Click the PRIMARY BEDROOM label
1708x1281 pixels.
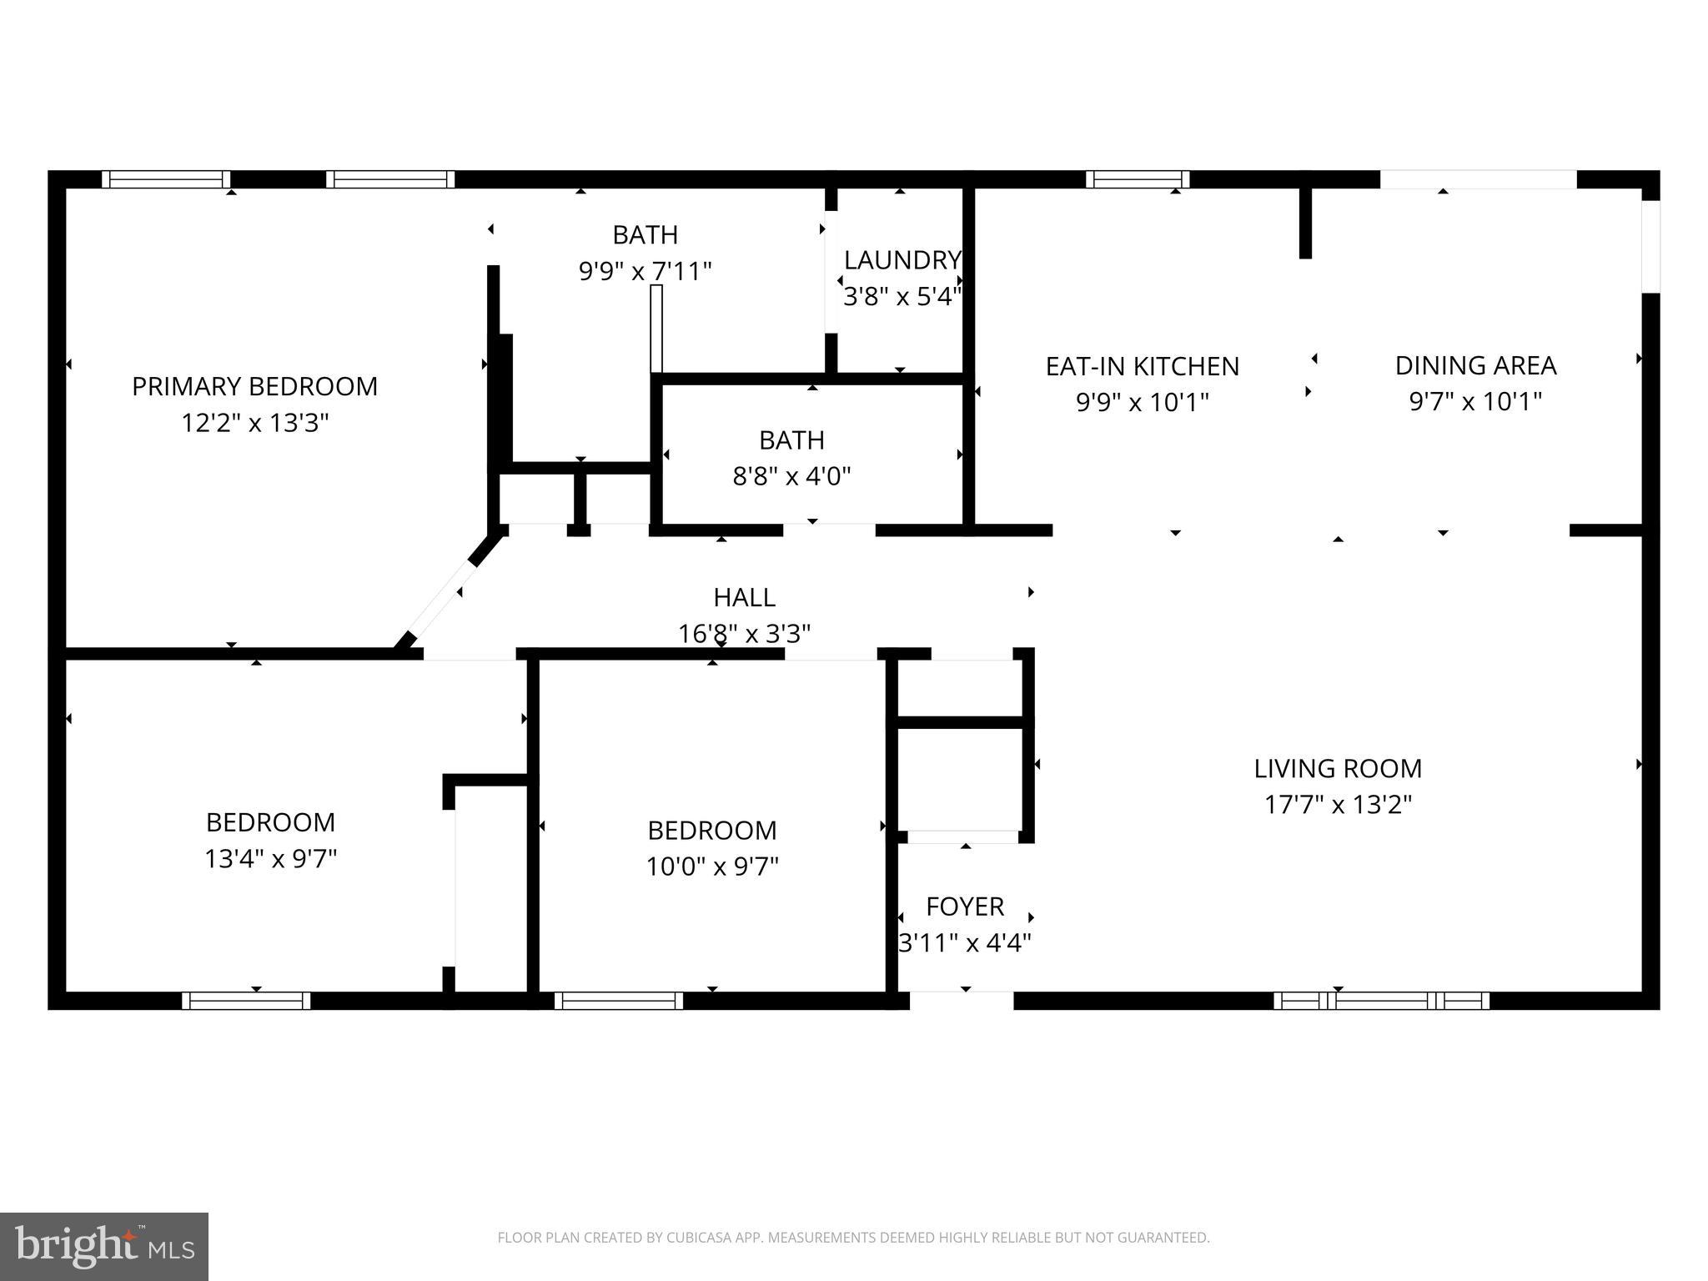point(254,386)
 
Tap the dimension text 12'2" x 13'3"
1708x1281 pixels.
point(254,423)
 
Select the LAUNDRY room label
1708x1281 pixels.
point(902,260)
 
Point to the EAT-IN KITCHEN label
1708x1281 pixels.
point(1142,366)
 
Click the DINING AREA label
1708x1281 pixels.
point(1474,365)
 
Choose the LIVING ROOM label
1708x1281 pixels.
point(1337,768)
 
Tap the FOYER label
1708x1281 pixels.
point(964,906)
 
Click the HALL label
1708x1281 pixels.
point(744,597)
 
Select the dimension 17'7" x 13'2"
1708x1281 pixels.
point(1337,805)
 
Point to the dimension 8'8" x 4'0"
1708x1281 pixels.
point(791,476)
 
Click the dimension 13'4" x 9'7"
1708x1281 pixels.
point(270,858)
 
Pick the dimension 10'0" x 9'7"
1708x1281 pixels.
point(711,867)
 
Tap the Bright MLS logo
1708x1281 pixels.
point(104,1246)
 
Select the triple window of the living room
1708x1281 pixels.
point(1380,1001)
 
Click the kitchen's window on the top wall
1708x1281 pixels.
point(1138,179)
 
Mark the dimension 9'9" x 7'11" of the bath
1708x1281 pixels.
point(645,271)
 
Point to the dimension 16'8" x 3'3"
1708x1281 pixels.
point(744,634)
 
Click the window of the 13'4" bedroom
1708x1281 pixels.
point(246,1001)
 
